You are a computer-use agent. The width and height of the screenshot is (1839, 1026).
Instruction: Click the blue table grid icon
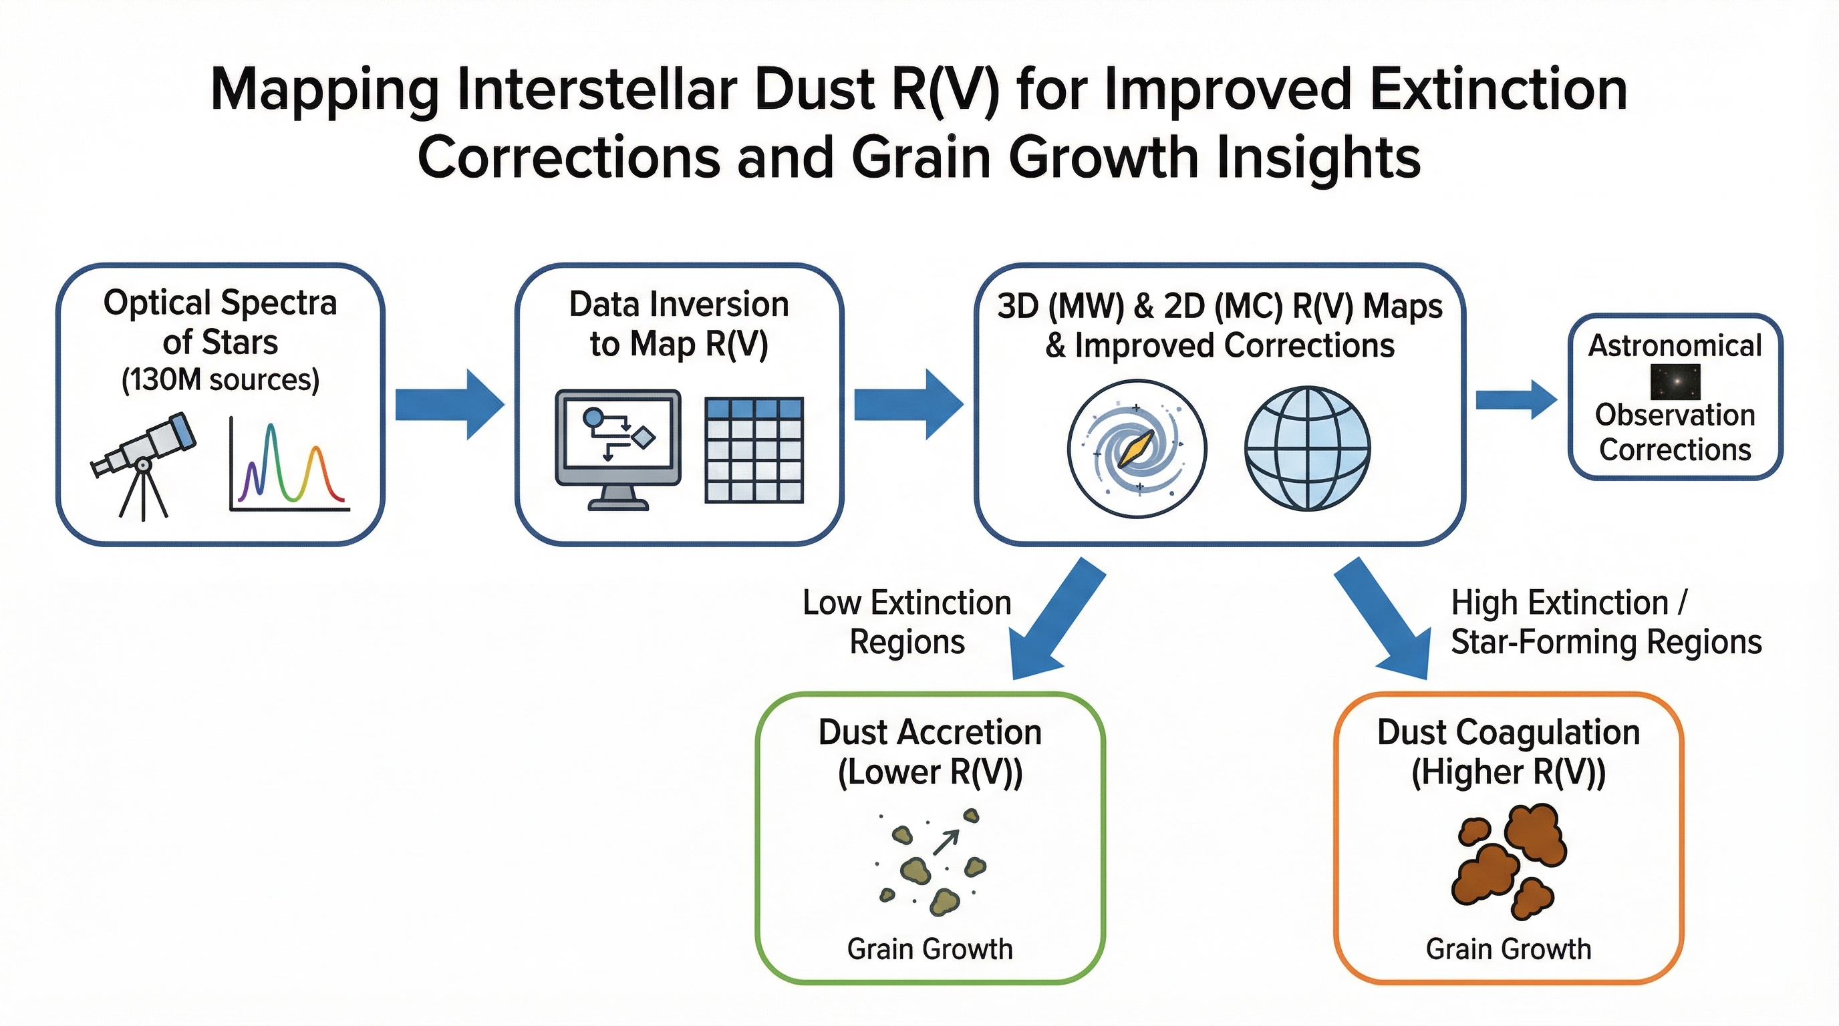(754, 450)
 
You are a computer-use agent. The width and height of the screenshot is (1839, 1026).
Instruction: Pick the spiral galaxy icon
(1137, 449)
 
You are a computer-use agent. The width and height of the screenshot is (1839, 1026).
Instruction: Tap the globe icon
(1307, 449)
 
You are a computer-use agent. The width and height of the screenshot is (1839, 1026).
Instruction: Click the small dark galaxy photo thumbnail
(1675, 381)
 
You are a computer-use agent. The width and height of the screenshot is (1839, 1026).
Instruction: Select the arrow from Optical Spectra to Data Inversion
(449, 405)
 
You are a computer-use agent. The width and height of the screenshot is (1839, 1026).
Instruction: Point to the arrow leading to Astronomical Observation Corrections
(1515, 399)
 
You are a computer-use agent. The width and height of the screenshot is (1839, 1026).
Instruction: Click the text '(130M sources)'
(220, 379)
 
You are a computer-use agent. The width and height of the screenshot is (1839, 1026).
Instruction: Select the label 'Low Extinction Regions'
(907, 622)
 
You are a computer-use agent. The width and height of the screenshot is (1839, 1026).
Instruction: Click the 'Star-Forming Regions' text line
(1606, 641)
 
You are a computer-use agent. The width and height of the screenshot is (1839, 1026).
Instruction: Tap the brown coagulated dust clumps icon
(1508, 860)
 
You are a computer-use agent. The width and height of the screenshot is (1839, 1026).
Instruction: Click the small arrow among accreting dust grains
(946, 842)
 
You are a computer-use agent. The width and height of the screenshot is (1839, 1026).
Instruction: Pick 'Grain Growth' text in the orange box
(1508, 949)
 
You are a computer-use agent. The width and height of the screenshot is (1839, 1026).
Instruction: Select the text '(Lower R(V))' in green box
(930, 773)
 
